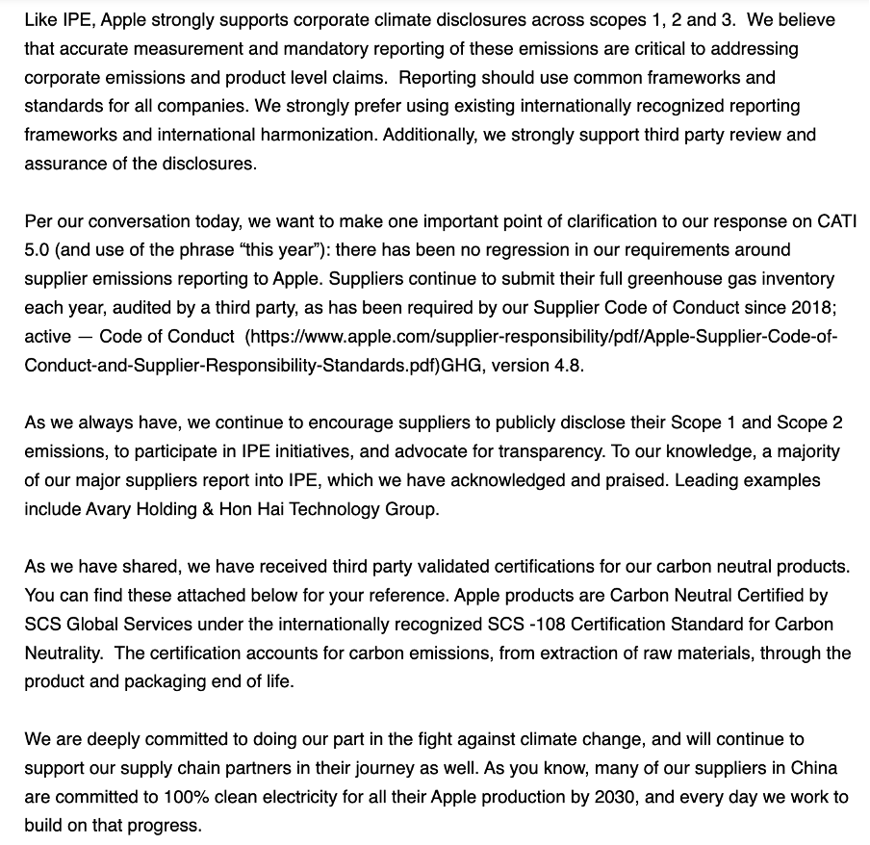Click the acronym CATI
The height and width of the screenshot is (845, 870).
(x=825, y=222)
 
